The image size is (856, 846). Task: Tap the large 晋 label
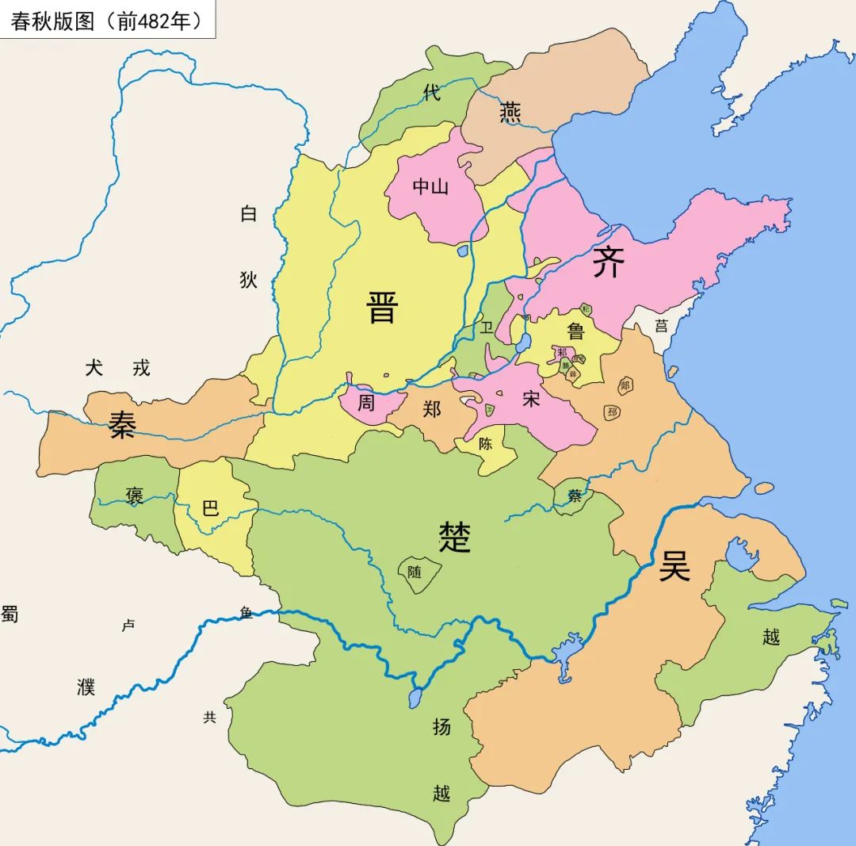[382, 307]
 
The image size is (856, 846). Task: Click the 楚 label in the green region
[455, 537]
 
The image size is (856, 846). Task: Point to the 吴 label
[674, 566]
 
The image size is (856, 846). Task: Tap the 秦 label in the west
[123, 426]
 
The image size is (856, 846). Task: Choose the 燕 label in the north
[510, 113]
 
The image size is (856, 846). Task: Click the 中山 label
[431, 186]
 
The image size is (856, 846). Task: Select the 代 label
[431, 93]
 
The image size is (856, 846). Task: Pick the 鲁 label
[576, 330]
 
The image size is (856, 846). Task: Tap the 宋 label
[530, 400]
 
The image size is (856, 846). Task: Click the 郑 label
[432, 409]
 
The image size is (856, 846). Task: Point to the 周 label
[365, 403]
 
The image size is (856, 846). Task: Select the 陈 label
[485, 445]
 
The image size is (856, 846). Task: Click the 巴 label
[210, 507]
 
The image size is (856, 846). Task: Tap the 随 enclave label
[415, 571]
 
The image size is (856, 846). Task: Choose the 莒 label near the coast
[661, 325]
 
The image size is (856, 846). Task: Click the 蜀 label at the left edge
[9, 613]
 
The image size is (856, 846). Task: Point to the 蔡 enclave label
[575, 496]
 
